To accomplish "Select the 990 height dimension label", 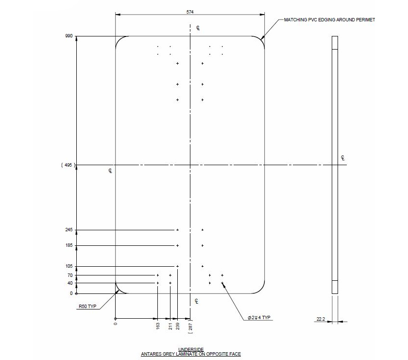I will (x=68, y=36).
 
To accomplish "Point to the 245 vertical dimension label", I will (x=68, y=230).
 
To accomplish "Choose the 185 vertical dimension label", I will (x=68, y=245).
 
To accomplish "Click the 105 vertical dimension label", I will (x=68, y=266).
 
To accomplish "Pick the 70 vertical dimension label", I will (x=70, y=275).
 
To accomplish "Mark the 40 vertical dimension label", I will (x=70, y=283).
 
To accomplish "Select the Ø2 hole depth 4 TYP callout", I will (x=258, y=318).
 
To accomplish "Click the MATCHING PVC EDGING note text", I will (x=329, y=20).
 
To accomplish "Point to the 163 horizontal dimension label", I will (x=158, y=326).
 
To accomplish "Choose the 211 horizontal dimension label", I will (x=170, y=326).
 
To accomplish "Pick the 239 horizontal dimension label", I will (x=178, y=326).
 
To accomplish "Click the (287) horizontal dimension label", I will (x=190, y=326).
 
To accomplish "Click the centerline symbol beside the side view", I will (x=343, y=158).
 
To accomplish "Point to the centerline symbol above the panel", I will (x=198, y=28).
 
